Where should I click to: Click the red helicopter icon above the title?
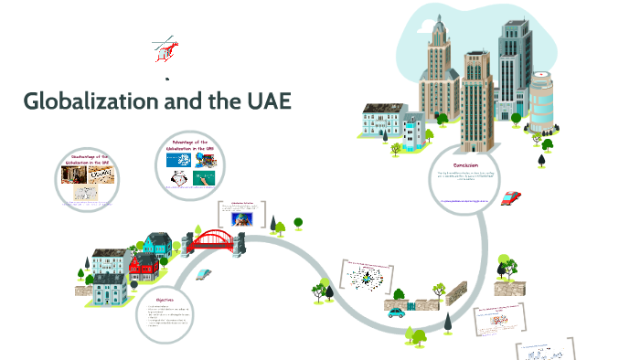pyautogui.click(x=165, y=50)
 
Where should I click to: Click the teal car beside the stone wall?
pyautogui.click(x=396, y=311)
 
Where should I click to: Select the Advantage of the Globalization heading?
pyautogui.click(x=191, y=145)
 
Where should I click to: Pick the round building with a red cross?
pyautogui.click(x=542, y=102)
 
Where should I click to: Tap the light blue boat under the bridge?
pyautogui.click(x=202, y=273)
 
